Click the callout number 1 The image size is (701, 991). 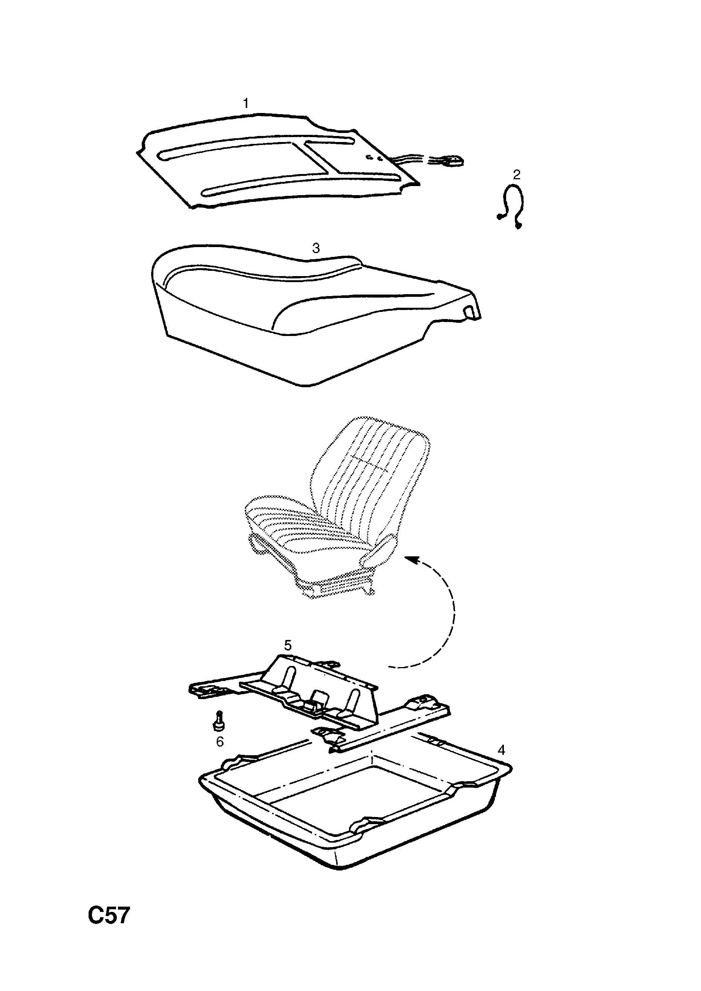point(246,104)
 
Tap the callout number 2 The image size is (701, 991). point(517,175)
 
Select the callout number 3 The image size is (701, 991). point(316,248)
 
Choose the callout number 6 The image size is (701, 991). point(220,742)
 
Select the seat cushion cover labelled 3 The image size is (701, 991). point(316,315)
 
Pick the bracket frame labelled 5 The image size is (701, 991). point(320,699)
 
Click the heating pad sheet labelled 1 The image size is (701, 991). point(276,162)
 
